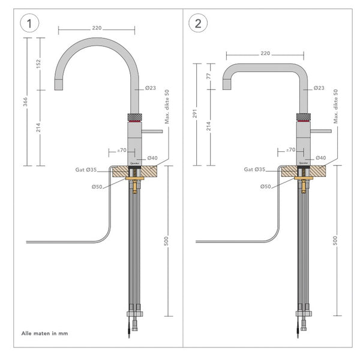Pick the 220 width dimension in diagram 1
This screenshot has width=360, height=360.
[x=96, y=28]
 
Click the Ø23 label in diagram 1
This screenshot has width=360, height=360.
[x=151, y=88]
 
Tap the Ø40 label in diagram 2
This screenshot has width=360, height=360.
[x=321, y=157]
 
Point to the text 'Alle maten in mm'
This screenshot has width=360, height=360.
[x=45, y=332]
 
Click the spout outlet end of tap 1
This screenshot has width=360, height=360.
[x=58, y=86]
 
